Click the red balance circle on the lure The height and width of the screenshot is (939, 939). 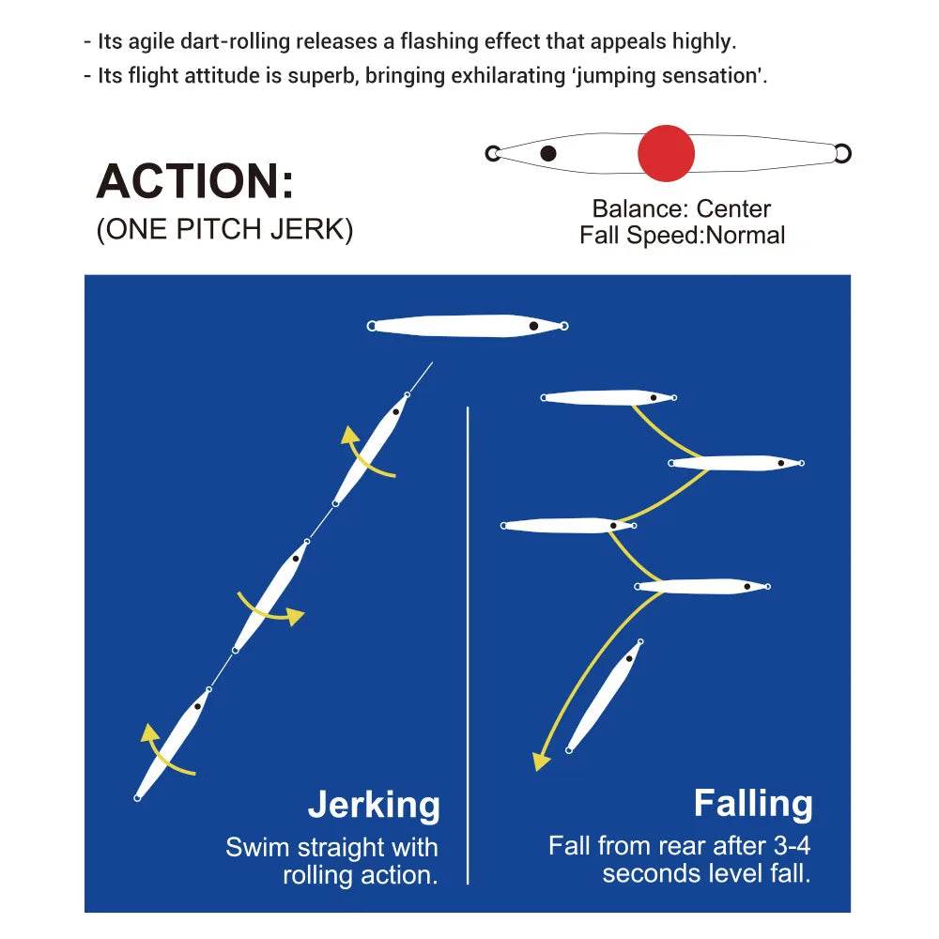[x=666, y=152]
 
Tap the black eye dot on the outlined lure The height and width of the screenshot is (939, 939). [x=548, y=153]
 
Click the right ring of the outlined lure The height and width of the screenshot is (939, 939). [x=842, y=153]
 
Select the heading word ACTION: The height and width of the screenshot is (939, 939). [x=195, y=181]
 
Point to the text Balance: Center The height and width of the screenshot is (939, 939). [x=682, y=208]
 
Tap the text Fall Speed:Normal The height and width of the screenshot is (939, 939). [x=682, y=235]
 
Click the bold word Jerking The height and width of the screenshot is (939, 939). [x=374, y=806]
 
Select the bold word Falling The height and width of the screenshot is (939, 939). [x=753, y=804]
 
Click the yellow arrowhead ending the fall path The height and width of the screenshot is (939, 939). [x=540, y=760]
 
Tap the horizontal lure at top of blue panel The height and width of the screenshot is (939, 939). [x=468, y=326]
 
